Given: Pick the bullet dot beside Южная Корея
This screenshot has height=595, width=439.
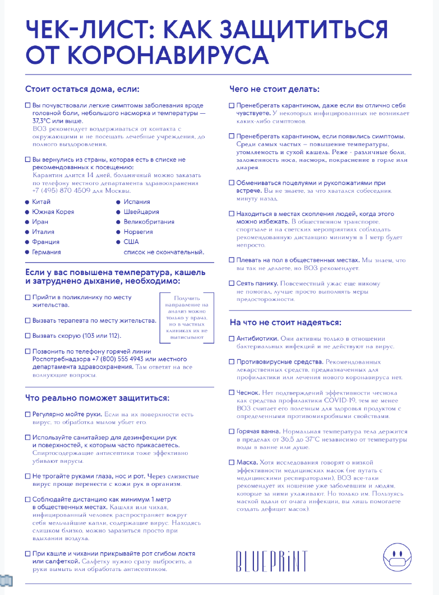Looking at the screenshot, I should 27,212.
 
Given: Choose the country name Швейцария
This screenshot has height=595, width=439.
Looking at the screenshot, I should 141,212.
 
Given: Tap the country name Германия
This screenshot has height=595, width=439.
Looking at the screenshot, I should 47,252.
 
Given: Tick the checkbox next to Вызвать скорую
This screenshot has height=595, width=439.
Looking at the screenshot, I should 27,336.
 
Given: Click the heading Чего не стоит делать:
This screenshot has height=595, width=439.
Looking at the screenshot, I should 275,89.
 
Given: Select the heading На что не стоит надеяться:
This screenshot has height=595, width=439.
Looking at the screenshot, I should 285,323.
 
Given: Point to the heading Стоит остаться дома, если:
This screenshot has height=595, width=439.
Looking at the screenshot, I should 82,89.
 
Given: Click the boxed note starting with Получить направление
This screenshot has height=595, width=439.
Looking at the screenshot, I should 187,318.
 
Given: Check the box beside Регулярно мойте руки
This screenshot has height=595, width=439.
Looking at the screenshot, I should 27,414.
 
